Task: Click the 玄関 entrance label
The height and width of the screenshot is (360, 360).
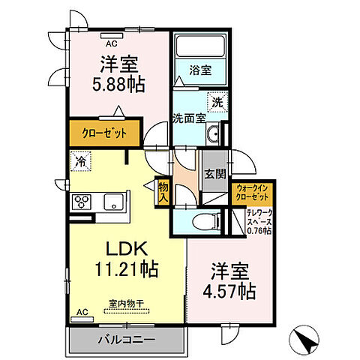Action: point(215,174)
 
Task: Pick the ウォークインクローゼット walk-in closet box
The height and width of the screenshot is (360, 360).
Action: point(253,192)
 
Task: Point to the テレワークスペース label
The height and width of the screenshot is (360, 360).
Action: point(259,221)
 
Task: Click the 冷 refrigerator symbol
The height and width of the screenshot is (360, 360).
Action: point(80,160)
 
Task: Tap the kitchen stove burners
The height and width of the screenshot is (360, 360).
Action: point(81,202)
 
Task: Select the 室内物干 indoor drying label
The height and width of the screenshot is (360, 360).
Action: point(125,303)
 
